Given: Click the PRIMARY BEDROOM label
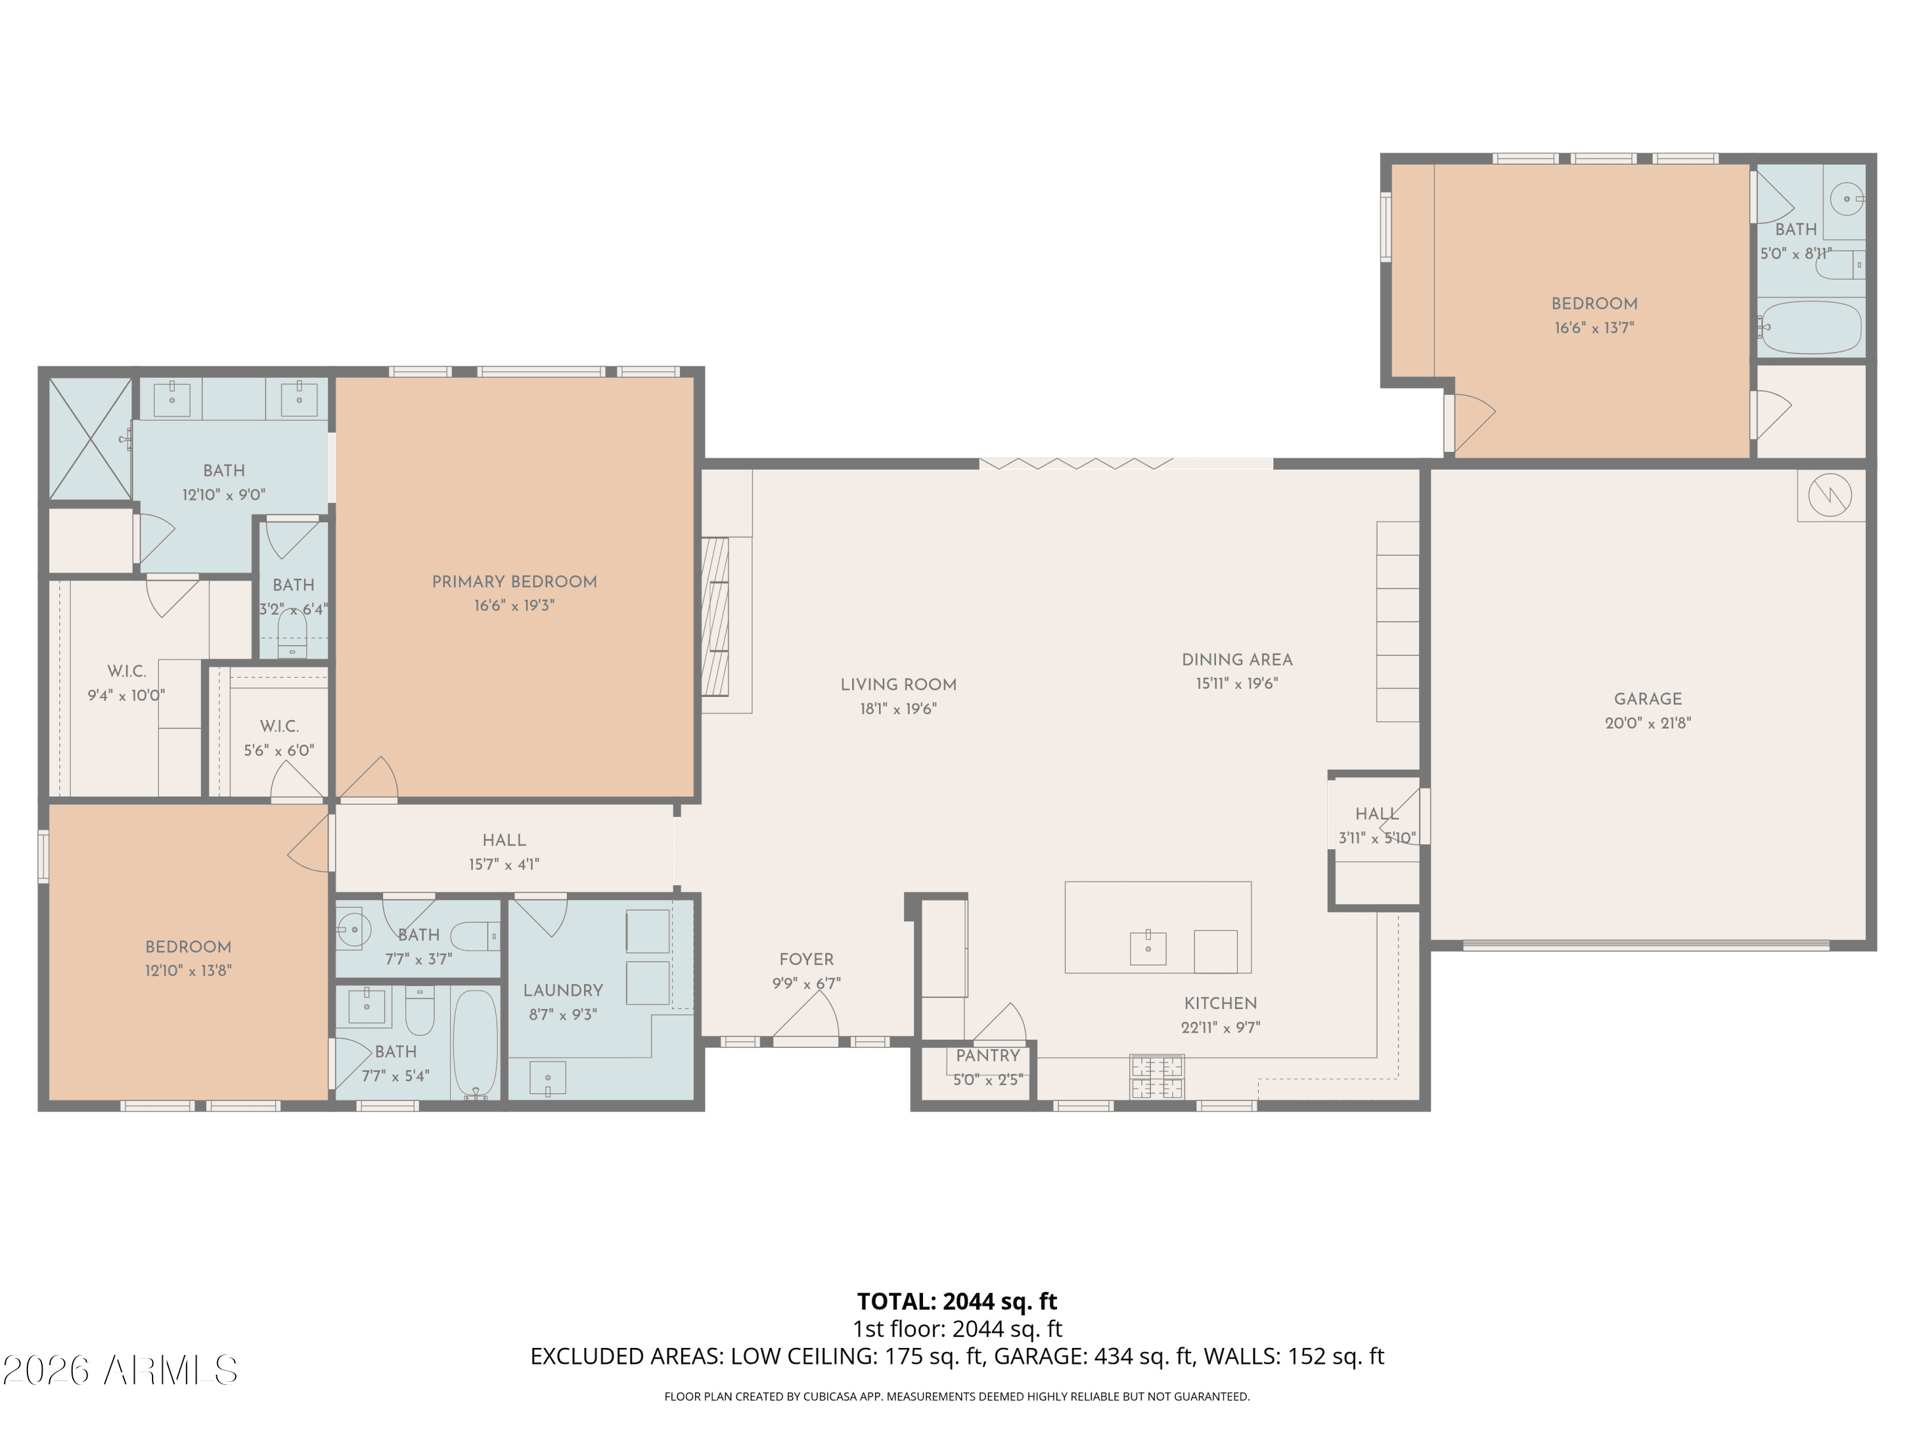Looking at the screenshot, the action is [x=514, y=581].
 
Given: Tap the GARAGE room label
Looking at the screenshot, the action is [x=1648, y=698].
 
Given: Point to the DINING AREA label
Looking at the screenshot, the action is [x=1237, y=659].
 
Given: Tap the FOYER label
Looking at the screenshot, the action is [x=806, y=959].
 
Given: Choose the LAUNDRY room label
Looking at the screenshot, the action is [x=563, y=991].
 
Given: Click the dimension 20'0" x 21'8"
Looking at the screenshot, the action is [x=1648, y=722].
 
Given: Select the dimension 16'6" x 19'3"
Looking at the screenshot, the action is [x=514, y=606].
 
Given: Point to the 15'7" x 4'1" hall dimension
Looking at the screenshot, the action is [x=504, y=864].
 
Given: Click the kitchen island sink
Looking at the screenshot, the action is [x=1148, y=948].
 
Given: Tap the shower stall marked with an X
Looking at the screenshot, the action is [x=90, y=439].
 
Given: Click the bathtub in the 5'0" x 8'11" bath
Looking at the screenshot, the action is [x=1810, y=327].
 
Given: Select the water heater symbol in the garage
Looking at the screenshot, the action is [x=1829, y=496].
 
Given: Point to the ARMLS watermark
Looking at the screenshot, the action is [x=121, y=1370].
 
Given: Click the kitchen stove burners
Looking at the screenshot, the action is [x=1157, y=1077].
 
